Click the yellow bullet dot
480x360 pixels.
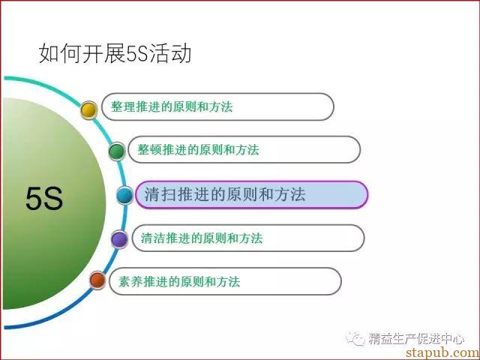[x=88, y=110]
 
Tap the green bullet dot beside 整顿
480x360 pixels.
[x=117, y=151]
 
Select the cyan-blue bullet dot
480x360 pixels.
[x=125, y=195]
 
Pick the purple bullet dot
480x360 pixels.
[x=119, y=239]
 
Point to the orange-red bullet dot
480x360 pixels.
[x=97, y=280]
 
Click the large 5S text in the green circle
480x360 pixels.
[x=44, y=199]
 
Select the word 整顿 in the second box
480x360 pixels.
[x=149, y=150]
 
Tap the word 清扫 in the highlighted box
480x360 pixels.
[x=160, y=194]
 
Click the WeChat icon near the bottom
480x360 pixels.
[x=355, y=338]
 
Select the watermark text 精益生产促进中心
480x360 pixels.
[x=416, y=338]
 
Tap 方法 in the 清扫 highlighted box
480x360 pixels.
[x=290, y=194]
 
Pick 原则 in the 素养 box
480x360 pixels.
[x=192, y=281]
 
